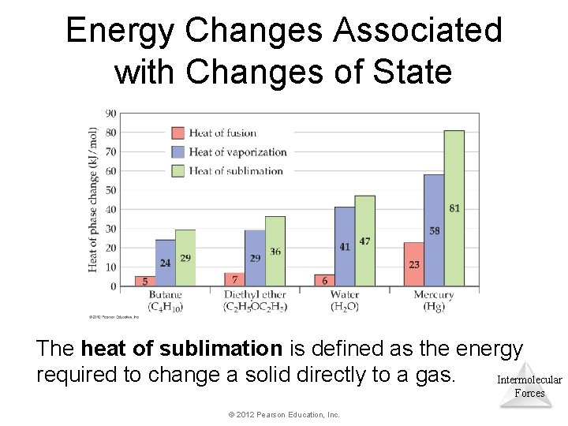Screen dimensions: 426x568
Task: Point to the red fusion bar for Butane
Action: (144, 281)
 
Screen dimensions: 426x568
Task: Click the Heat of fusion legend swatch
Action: (178, 133)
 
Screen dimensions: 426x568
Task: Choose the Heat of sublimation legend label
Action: (236, 170)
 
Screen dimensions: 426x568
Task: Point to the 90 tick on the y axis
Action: (110, 114)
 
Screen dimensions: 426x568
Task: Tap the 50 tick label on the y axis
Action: (110, 190)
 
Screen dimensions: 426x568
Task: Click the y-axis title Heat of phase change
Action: (94, 200)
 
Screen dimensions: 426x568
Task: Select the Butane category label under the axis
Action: (165, 295)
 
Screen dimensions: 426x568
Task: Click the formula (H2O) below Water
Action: (345, 306)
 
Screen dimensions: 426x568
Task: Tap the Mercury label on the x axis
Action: (433, 295)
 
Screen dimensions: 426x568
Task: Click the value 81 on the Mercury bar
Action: (454, 208)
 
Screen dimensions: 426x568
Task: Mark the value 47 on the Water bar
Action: (364, 241)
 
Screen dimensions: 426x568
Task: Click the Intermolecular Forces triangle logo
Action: (529, 384)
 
